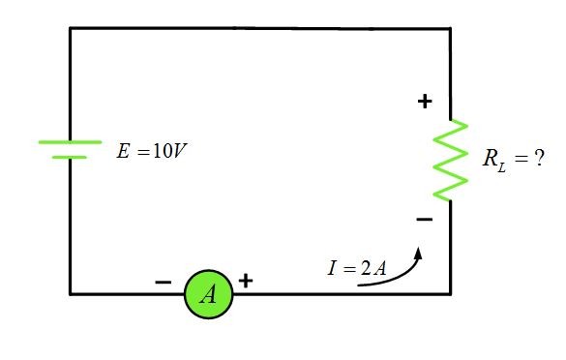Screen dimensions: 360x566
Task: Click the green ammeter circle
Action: [209, 293]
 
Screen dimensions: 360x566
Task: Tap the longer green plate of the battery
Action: [70, 142]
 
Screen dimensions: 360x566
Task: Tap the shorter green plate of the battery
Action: [70, 157]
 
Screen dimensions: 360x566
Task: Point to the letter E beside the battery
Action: [123, 153]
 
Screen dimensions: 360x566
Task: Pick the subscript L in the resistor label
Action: [501, 165]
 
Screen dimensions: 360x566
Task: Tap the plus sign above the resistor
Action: [425, 101]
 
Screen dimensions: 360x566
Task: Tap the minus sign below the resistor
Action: [425, 221]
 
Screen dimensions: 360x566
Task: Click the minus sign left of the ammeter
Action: [164, 282]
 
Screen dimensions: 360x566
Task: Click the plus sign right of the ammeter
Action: [246, 281]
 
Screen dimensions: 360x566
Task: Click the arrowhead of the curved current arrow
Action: [420, 253]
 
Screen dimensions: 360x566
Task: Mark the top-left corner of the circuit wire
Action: [70, 28]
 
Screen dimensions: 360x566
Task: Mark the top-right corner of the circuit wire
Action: [450, 28]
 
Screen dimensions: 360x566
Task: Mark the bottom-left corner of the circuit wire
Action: [70, 293]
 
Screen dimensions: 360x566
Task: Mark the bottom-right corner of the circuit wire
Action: [450, 293]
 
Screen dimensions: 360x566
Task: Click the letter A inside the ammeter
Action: [208, 294]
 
